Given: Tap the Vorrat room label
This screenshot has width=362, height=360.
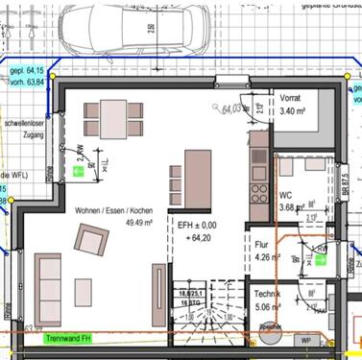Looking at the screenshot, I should [292, 98].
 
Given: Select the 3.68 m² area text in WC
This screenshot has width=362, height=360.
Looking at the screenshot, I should [265, 206].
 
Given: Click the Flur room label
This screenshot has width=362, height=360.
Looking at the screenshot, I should [262, 244].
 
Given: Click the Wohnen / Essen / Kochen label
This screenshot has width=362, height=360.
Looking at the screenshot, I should [113, 210].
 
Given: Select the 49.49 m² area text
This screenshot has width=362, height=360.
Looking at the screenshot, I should [113, 224].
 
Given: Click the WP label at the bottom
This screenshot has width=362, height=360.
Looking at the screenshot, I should [305, 340].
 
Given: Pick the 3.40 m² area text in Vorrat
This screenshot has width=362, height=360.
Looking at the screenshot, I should [292, 111].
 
